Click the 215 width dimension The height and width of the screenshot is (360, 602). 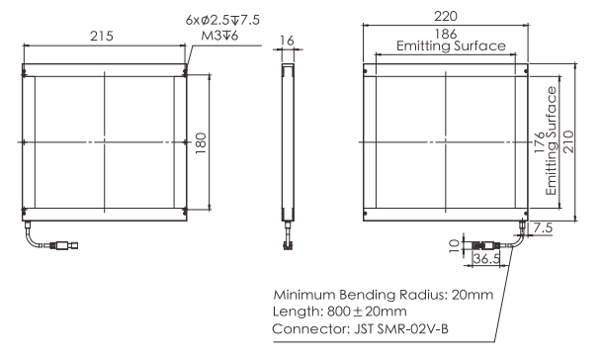(x=102, y=36)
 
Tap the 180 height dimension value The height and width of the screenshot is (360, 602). (x=201, y=143)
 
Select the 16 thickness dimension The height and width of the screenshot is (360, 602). (x=287, y=41)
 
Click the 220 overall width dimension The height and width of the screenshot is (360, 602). (x=446, y=16)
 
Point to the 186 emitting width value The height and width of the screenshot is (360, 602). (x=446, y=34)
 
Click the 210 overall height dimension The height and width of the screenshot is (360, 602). (x=568, y=141)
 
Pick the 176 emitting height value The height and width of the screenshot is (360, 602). (x=540, y=141)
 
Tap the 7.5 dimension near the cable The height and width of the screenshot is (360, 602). (x=543, y=227)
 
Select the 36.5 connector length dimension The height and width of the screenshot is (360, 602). (x=486, y=258)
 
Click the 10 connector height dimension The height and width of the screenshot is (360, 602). (x=454, y=244)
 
